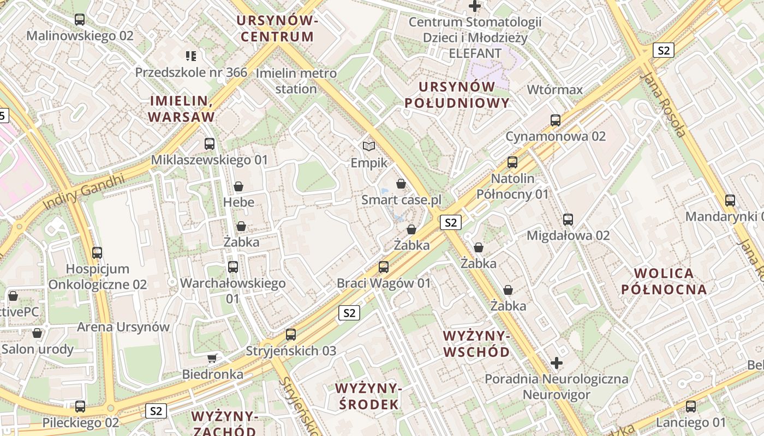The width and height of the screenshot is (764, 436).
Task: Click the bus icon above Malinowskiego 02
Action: coord(80,20)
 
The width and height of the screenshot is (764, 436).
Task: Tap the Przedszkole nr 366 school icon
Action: coord(190,56)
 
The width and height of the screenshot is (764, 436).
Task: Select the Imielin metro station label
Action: coord(286,81)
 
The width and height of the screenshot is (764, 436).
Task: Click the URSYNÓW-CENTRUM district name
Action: coord(277,29)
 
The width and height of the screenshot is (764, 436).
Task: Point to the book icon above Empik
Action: coord(369,146)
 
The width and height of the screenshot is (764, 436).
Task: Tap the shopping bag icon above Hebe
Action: coord(238,186)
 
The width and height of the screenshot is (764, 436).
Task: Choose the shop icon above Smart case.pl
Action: coord(401,184)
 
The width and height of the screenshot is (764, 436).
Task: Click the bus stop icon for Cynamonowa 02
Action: coord(556,120)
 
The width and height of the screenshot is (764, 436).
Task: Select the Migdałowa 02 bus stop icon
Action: coord(568,220)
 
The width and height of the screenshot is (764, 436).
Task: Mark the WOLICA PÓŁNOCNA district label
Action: coord(664,281)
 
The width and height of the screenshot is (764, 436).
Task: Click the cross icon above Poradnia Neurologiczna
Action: coord(557,362)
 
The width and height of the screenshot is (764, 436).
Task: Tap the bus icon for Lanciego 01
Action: coord(691,406)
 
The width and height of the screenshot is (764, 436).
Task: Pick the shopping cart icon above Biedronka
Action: coord(212,358)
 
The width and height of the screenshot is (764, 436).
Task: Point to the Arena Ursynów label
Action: coord(123,327)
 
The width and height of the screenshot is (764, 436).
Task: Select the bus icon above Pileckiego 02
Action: coord(80,406)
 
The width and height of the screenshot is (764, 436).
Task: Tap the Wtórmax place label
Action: coord(555,89)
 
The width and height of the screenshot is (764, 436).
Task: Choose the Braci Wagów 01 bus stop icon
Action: coord(384,267)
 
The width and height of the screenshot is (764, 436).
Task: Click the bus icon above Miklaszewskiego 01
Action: coord(210,144)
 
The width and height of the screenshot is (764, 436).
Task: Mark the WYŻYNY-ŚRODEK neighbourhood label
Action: coord(368,396)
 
